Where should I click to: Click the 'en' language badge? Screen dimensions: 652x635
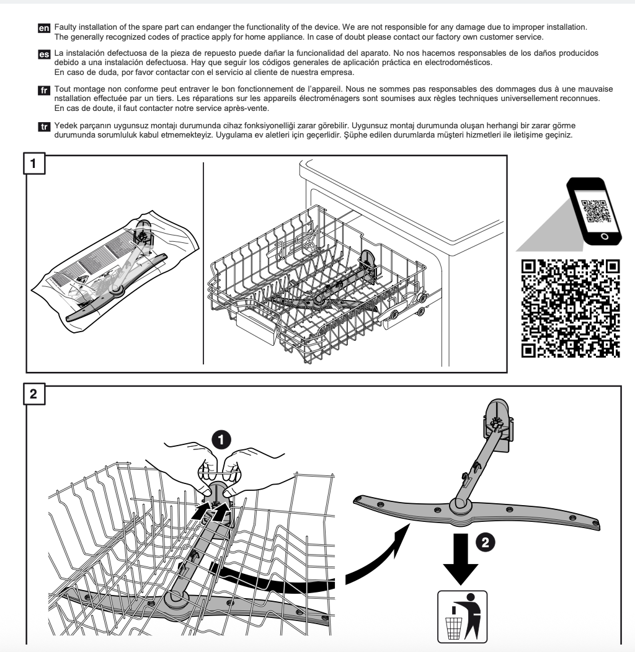(x=44, y=29)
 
